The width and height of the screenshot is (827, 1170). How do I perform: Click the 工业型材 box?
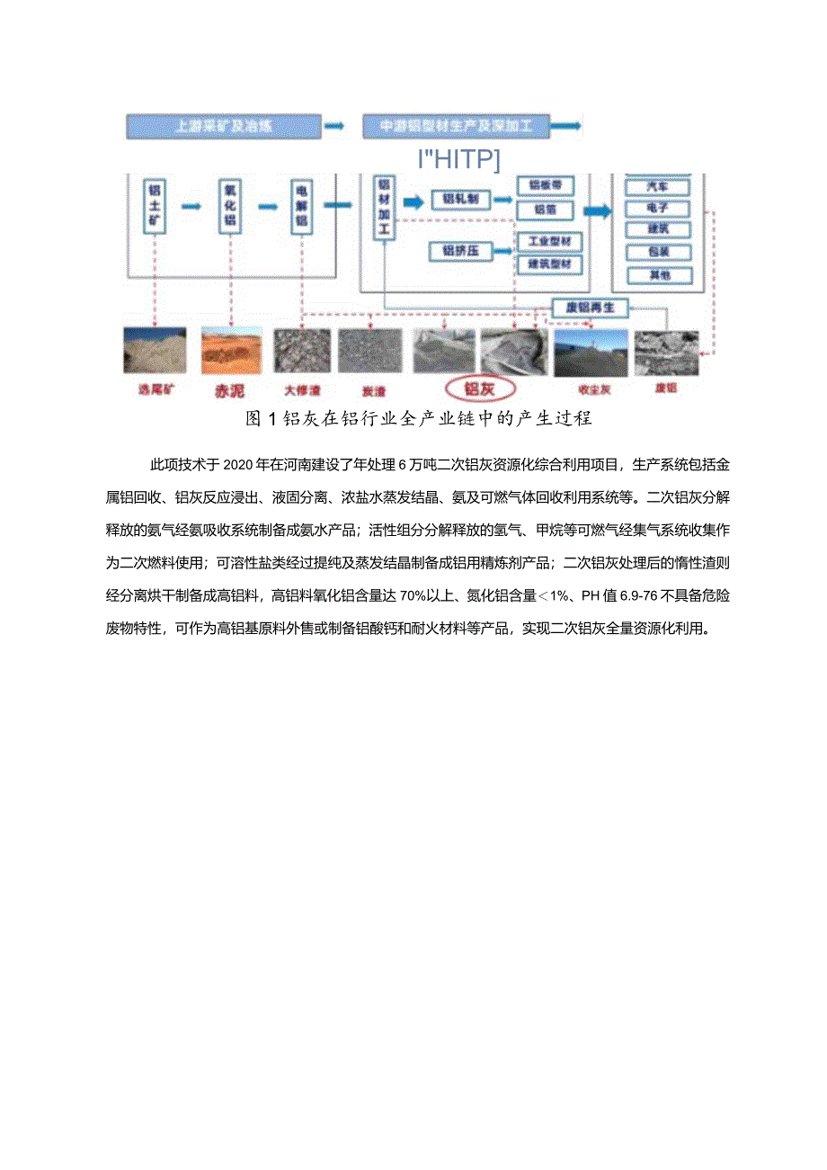click(x=549, y=242)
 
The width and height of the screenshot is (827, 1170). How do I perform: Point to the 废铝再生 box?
click(x=588, y=308)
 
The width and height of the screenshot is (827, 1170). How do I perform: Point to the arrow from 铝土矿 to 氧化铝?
click(x=192, y=206)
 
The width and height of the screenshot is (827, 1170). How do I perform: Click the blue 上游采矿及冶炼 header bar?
click(x=223, y=127)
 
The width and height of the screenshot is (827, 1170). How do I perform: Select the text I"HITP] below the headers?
click(x=458, y=159)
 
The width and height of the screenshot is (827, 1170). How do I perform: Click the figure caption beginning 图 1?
click(x=418, y=419)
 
